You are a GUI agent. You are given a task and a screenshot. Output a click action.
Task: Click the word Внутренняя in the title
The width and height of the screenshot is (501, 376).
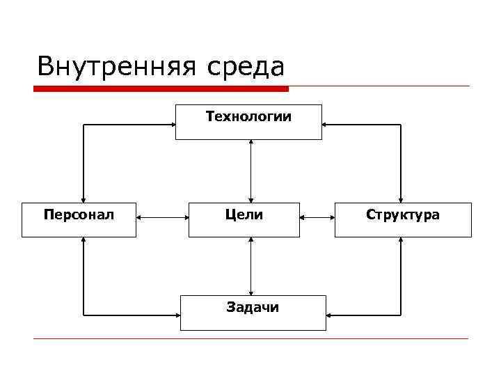click(116, 67)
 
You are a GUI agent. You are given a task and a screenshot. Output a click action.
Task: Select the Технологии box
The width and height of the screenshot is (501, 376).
click(248, 122)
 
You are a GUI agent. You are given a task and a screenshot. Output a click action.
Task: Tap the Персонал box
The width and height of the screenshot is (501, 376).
click(79, 219)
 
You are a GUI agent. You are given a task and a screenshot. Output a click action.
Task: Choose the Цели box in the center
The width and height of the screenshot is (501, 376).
click(244, 219)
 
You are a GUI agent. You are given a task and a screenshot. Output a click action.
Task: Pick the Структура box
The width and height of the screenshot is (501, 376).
click(403, 219)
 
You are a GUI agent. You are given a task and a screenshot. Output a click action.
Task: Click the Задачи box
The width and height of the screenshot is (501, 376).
click(253, 313)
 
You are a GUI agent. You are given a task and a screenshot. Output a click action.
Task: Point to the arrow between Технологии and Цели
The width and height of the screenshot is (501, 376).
click(250, 171)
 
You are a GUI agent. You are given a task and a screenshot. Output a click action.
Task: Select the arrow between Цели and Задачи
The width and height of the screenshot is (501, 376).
click(250, 266)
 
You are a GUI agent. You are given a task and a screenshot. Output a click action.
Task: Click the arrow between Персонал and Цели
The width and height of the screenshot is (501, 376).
click(162, 217)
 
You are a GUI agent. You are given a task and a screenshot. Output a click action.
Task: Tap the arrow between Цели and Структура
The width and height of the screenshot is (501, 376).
click(317, 217)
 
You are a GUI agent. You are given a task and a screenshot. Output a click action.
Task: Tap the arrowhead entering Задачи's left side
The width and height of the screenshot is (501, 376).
click(177, 313)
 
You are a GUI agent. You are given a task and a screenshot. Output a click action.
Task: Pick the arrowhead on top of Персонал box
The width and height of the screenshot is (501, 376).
click(83, 198)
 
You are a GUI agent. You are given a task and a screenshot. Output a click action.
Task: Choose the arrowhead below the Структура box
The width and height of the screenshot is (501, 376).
click(401, 241)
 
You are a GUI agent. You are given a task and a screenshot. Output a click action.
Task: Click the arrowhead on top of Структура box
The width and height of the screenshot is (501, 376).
click(401, 198)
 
